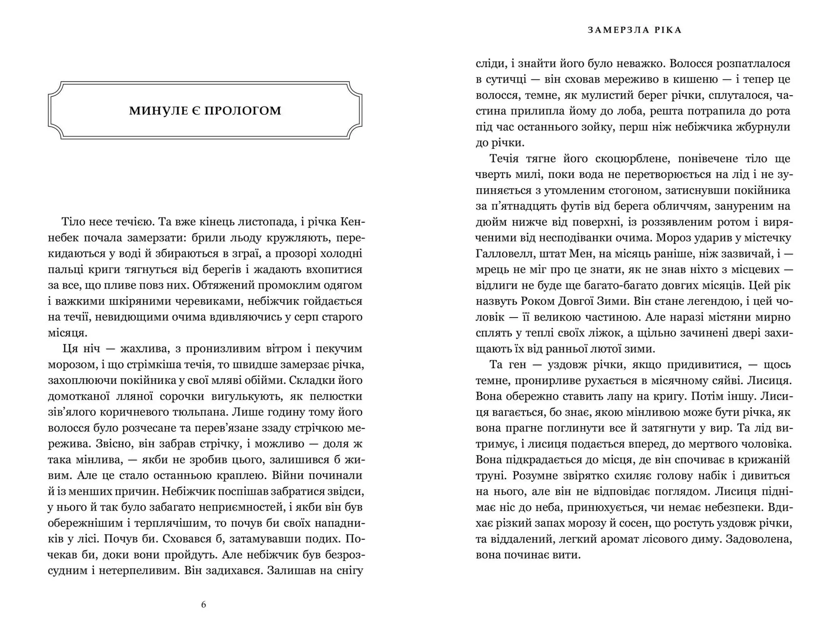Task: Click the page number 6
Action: pos(203,605)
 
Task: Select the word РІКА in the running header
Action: pos(668,30)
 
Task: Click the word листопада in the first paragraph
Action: pos(267,222)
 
